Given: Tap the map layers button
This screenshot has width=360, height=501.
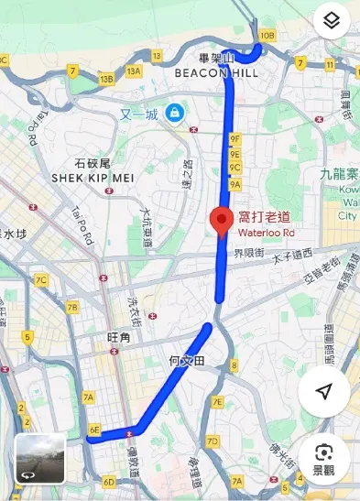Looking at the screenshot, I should tap(332, 20).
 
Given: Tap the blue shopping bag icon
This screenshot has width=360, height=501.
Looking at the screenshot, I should tap(174, 114).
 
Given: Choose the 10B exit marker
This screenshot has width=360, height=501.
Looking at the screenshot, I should tap(267, 36).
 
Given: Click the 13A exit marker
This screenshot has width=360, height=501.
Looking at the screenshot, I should tap(135, 71).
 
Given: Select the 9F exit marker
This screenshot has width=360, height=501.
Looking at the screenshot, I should tap(235, 138).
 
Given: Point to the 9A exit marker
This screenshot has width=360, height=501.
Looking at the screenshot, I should tap(235, 184).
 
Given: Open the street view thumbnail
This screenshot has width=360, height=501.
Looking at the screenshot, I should tap(39, 458).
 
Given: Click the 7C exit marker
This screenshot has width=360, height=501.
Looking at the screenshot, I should tap(41, 280).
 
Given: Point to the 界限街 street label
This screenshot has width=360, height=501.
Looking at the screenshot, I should tap(248, 253).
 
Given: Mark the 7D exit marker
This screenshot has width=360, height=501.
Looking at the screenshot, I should tap(213, 441).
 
